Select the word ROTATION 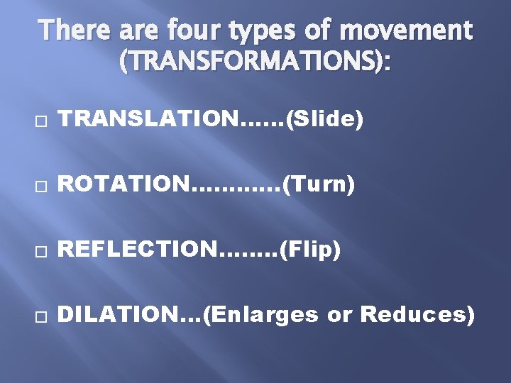(125, 186)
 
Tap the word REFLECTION (140, 250)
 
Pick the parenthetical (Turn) (318, 186)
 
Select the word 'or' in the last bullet (340, 314)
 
